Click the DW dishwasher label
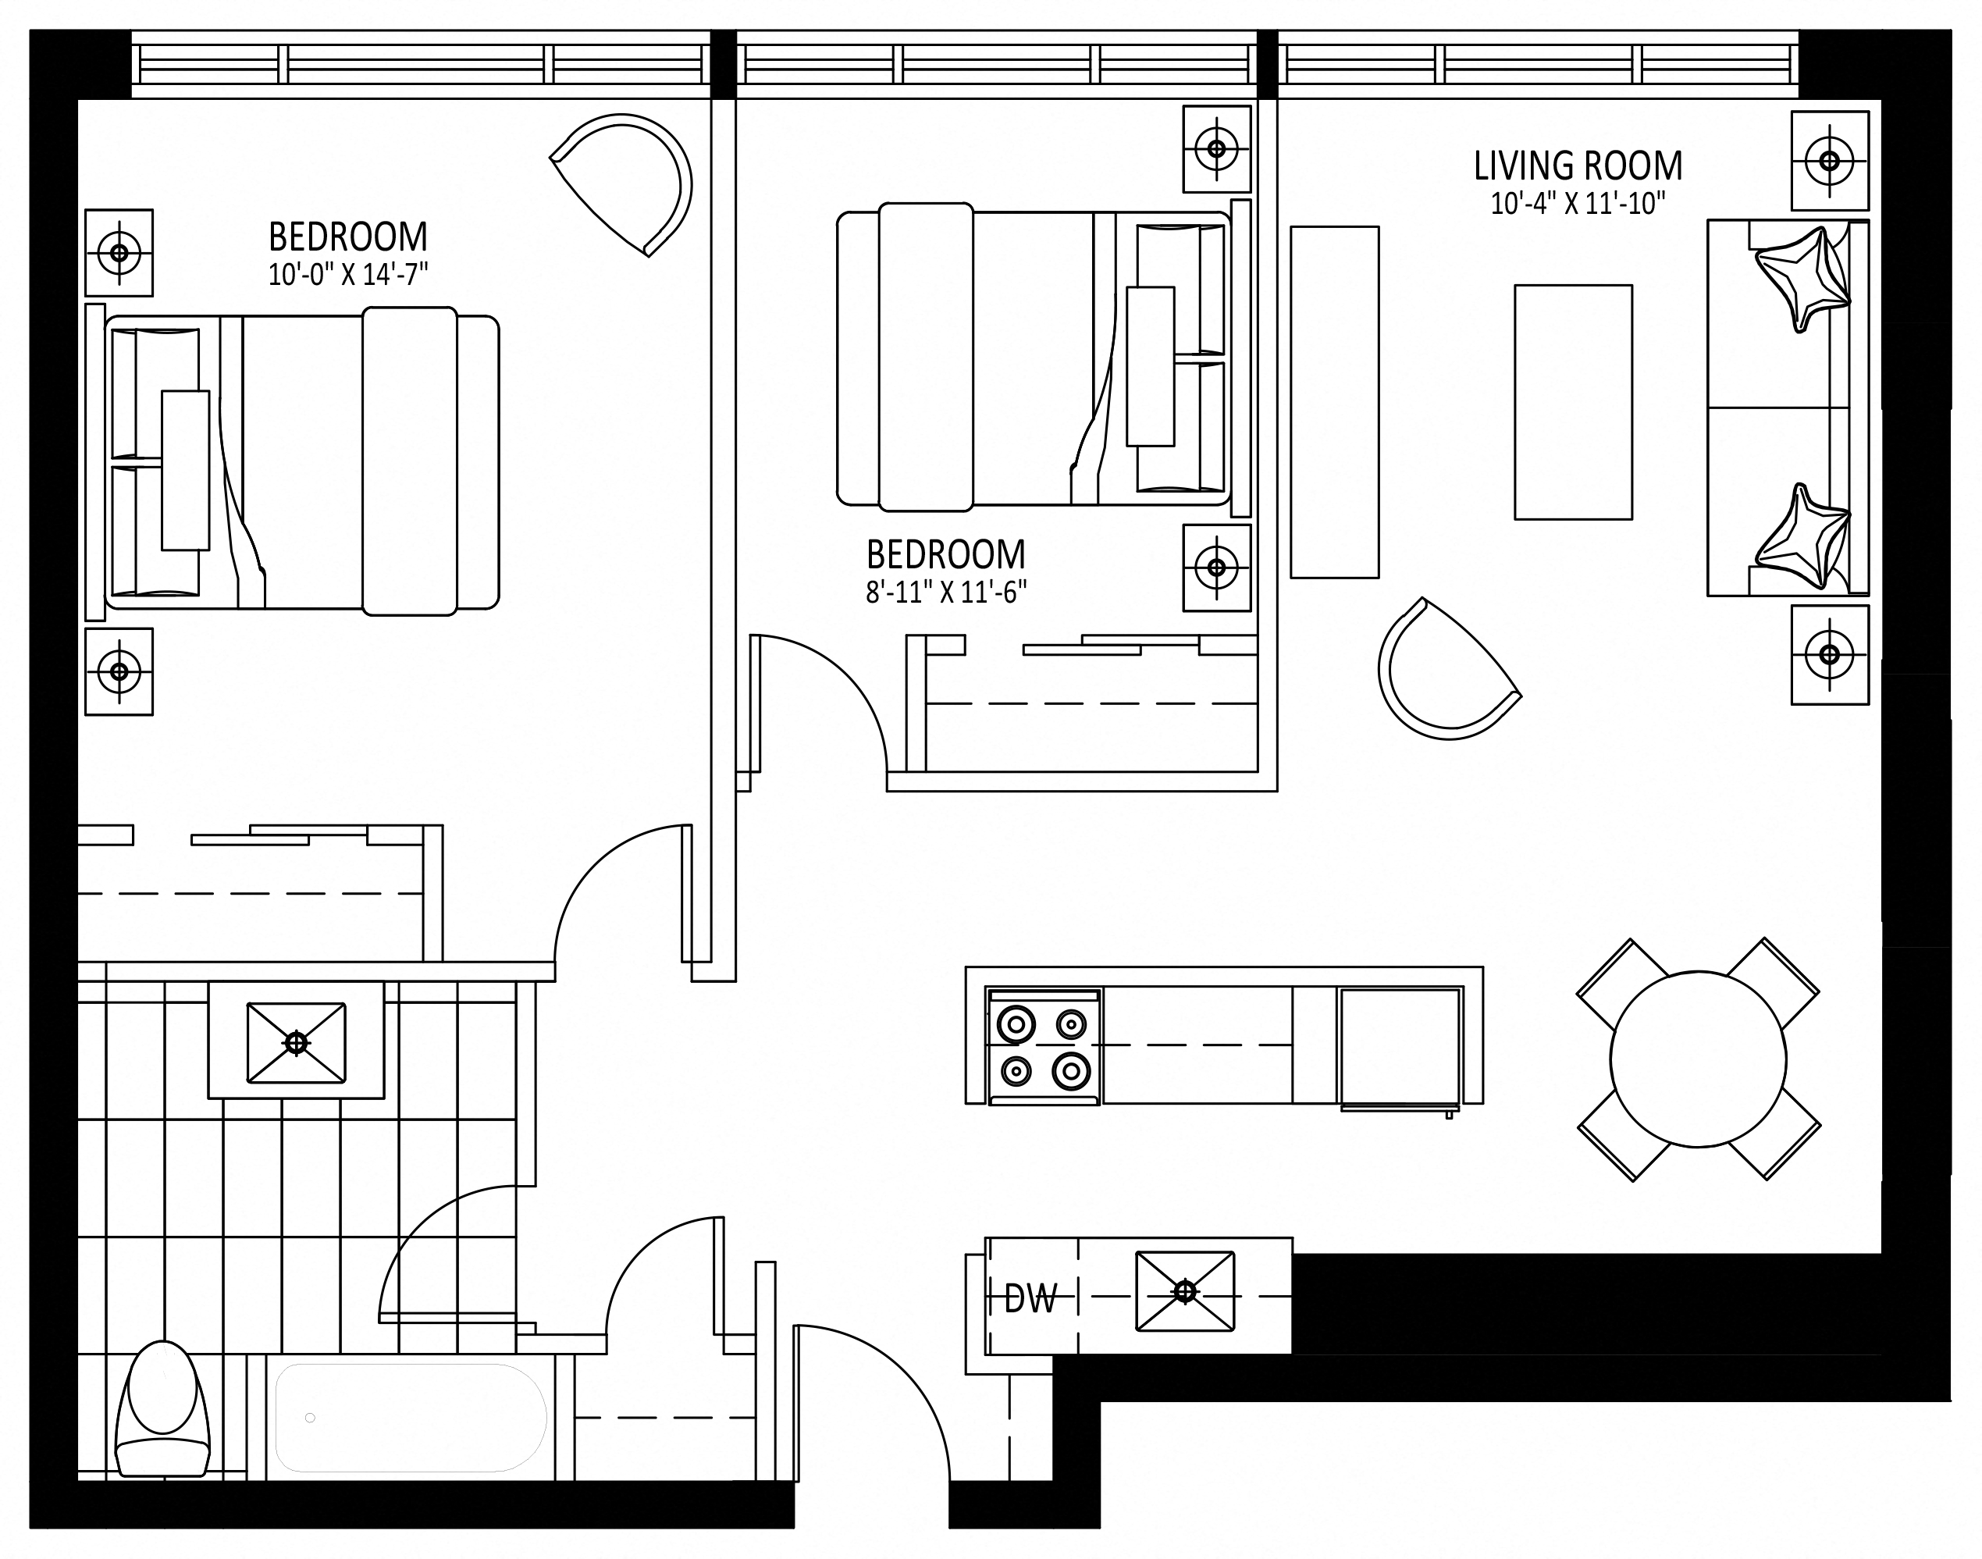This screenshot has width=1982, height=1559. click(x=1030, y=1299)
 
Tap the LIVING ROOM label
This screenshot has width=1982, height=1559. click(x=1578, y=166)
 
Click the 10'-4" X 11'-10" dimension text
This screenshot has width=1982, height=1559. click(x=1578, y=204)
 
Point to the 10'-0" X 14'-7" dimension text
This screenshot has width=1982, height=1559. click(x=347, y=274)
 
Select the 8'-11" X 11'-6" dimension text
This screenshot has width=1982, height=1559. click(x=946, y=593)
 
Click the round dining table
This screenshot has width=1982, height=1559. click(x=1698, y=1059)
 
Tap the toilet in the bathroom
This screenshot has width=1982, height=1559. click(x=162, y=1408)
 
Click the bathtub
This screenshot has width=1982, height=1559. click(x=411, y=1418)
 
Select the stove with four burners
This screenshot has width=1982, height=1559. click(x=1044, y=1047)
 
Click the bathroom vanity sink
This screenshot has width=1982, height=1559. click(x=296, y=1041)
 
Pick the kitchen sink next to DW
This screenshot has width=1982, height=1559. click(x=1184, y=1290)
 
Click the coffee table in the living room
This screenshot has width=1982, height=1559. click(x=1573, y=401)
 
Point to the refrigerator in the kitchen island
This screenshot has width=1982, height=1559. click(x=1400, y=1046)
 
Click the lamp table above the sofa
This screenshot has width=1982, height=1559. click(x=1830, y=161)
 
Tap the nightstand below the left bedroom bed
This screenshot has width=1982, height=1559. click(x=119, y=671)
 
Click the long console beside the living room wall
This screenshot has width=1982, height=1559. click(x=1334, y=401)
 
